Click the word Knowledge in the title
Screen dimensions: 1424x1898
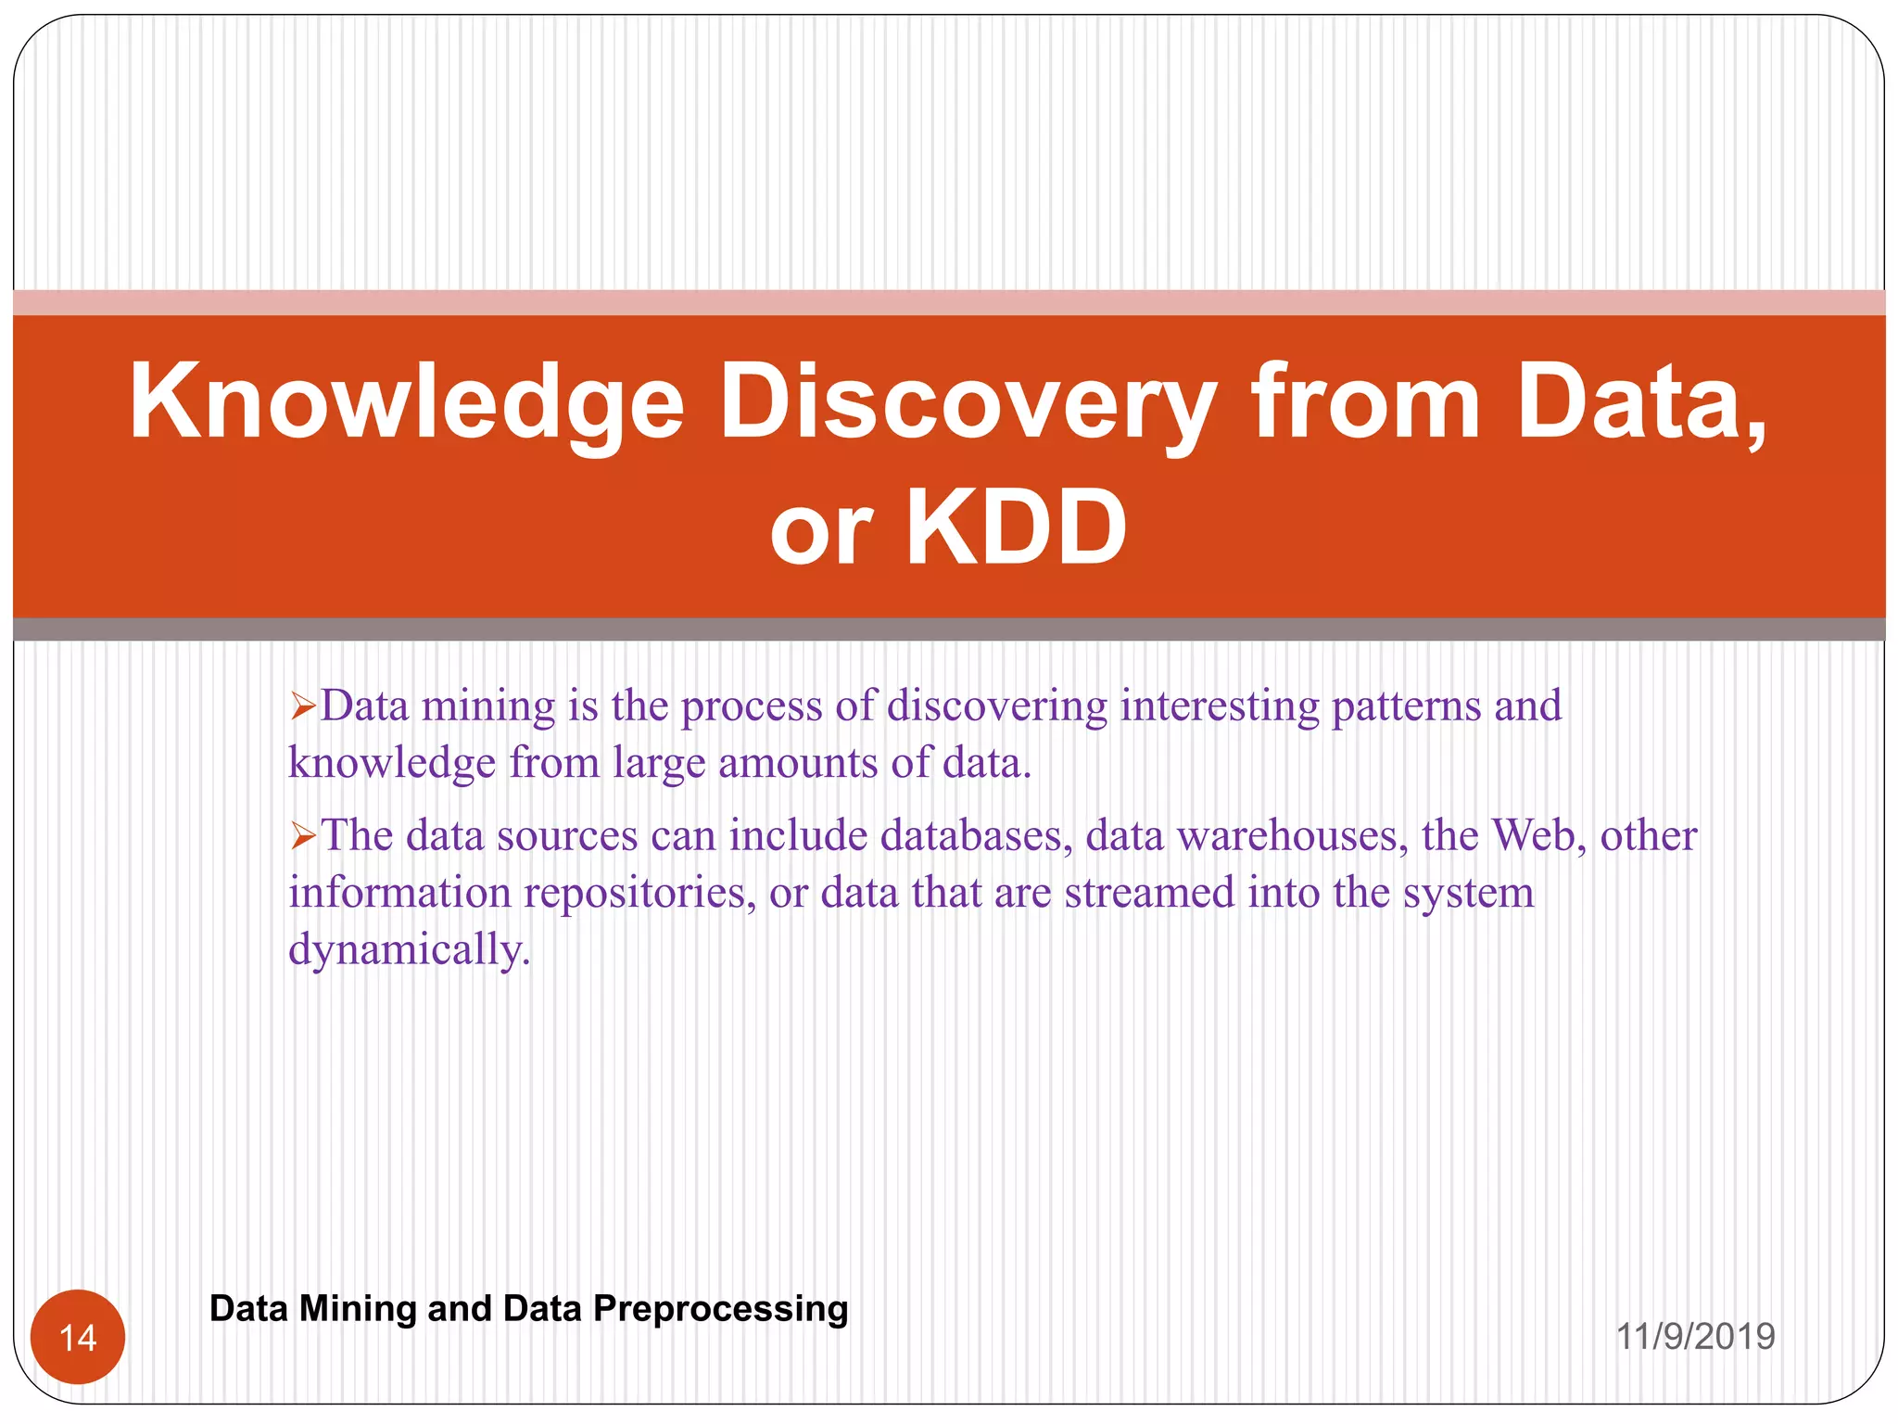(x=406, y=403)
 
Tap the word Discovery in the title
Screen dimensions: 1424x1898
(x=968, y=403)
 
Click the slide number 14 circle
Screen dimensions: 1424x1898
(x=78, y=1337)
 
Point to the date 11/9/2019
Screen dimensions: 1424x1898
(x=1695, y=1337)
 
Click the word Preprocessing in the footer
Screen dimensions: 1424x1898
(x=720, y=1309)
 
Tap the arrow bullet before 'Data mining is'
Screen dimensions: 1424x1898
(x=303, y=708)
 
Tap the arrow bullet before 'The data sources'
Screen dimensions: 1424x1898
(x=303, y=838)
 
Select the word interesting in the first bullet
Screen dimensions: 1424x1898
(x=1220, y=706)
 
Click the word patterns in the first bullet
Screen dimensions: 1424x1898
(x=1406, y=706)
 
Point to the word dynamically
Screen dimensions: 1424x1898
(x=409, y=950)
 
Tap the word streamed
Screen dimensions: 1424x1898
(x=1149, y=893)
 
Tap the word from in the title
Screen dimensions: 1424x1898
(x=1365, y=403)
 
